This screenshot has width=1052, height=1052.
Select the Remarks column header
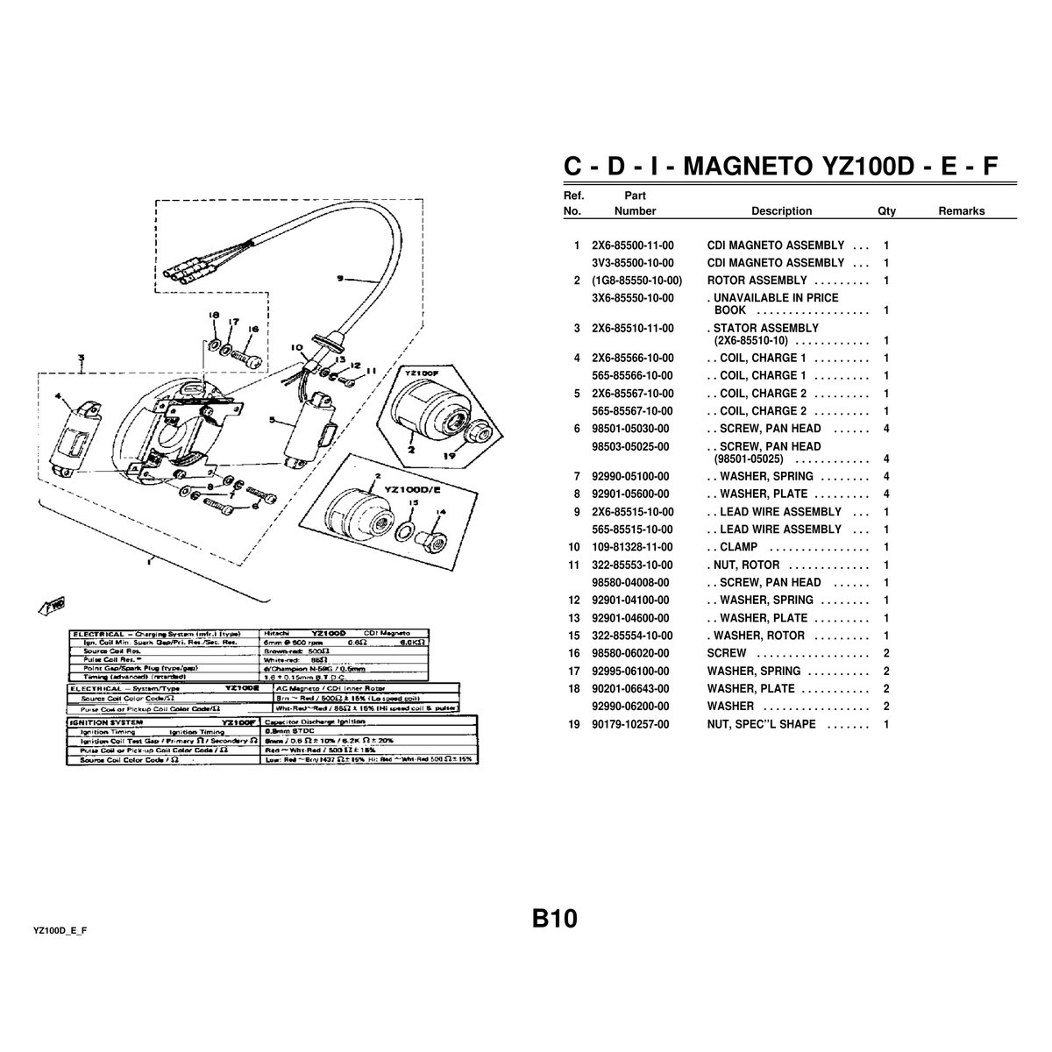[x=961, y=211]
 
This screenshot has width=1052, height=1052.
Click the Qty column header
[x=886, y=211]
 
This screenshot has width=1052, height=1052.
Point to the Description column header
[x=781, y=211]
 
